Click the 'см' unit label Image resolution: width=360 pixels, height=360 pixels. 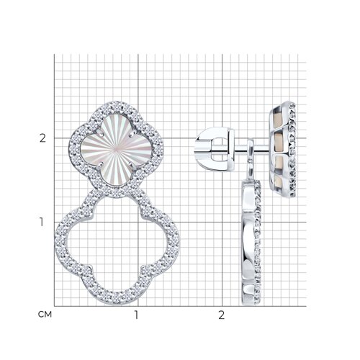45,315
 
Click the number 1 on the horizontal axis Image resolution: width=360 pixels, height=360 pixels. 136,315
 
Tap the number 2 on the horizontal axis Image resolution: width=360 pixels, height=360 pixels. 221,315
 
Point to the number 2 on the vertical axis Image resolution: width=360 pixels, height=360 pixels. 42,138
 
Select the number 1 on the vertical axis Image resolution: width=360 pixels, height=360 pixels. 42,222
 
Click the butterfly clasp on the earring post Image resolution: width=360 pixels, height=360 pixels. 215,149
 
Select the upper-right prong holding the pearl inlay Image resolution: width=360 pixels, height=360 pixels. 132,135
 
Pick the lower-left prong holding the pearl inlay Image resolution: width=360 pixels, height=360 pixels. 100,165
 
